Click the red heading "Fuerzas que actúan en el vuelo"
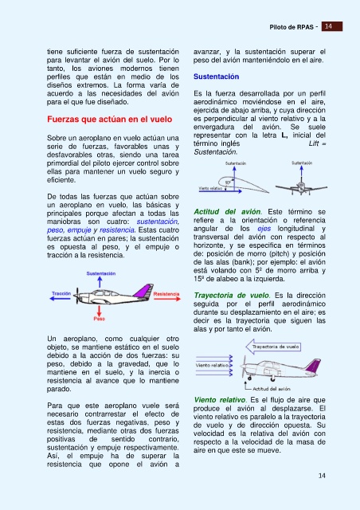[110, 120]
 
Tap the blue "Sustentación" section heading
[217, 76]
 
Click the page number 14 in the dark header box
[328, 26]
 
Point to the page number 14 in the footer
[322, 476]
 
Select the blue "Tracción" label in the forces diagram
[61, 293]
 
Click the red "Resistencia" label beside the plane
[166, 294]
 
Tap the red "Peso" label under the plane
[100, 319]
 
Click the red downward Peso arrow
[100, 311]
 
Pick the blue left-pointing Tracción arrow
[61, 299]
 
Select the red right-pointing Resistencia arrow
[166, 299]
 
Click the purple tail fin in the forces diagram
[143, 290]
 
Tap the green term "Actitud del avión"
[227, 212]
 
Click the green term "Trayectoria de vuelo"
[232, 296]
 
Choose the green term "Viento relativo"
[220, 400]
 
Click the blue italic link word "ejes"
[264, 229]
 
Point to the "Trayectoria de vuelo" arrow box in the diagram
[273, 347]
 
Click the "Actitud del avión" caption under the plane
[272, 389]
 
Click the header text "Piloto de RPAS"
[292, 27]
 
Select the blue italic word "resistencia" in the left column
[117, 230]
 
